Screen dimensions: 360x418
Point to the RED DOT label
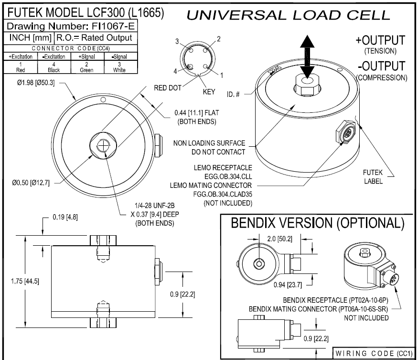coord(167,88)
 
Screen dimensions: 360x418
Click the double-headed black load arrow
coord(307,57)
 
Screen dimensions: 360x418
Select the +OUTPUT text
coord(381,40)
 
